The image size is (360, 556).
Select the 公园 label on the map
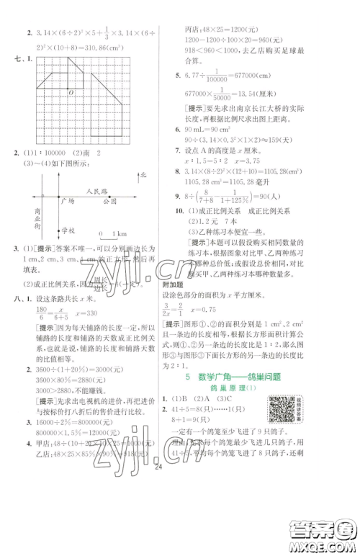(x=109, y=202)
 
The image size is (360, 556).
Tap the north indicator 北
(x=144, y=175)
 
